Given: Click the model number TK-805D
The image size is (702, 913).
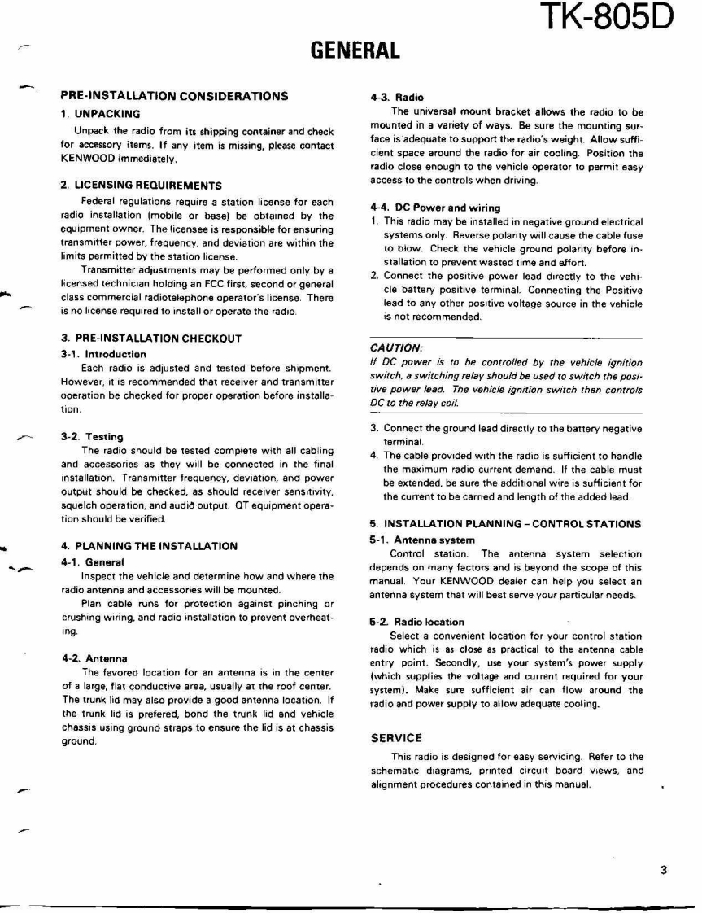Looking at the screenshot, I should (607, 18).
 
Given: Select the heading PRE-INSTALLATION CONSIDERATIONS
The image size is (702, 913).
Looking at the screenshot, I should (174, 96).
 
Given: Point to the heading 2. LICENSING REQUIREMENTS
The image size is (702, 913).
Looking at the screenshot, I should (142, 186).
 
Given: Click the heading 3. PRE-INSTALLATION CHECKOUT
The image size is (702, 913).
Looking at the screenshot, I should (150, 338).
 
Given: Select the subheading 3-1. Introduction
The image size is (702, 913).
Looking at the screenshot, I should (103, 354).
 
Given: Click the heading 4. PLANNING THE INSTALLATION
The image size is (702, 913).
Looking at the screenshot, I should (150, 546).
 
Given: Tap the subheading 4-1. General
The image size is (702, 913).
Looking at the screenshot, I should (92, 562).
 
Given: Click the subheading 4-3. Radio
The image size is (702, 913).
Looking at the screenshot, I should (396, 98).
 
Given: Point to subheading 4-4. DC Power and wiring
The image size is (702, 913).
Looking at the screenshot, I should (435, 208).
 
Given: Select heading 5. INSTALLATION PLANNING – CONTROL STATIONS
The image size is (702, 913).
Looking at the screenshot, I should (505, 524).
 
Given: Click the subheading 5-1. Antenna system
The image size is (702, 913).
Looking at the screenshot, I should (422, 539).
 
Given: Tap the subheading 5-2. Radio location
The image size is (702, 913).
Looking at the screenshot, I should (416, 622).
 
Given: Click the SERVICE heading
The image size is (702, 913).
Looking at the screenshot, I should (396, 739).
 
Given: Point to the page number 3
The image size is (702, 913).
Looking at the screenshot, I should (664, 870).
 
